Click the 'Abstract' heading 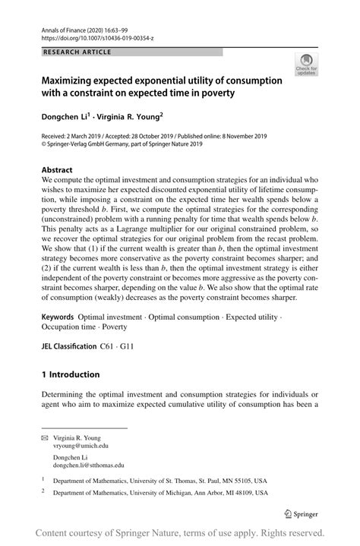pyautogui.click(x=57, y=169)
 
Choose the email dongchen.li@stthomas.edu pyautogui.click(x=89, y=466)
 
